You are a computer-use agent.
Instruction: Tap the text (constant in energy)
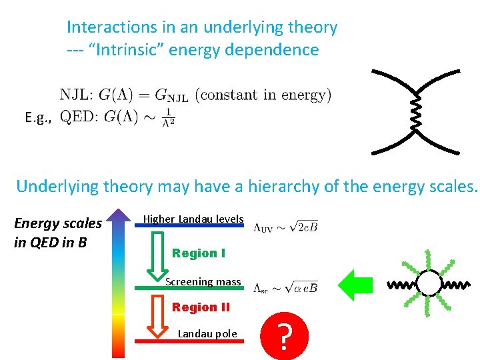263,95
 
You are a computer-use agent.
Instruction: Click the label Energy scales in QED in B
57,232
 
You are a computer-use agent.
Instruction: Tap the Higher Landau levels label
193,219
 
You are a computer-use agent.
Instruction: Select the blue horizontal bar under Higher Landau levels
189,227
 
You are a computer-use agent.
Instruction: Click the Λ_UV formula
285,227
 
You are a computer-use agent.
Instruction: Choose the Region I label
199,253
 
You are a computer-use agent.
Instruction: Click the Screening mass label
203,281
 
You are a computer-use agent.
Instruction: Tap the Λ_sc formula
285,288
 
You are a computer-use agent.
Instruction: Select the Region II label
201,307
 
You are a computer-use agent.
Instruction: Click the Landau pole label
207,333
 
